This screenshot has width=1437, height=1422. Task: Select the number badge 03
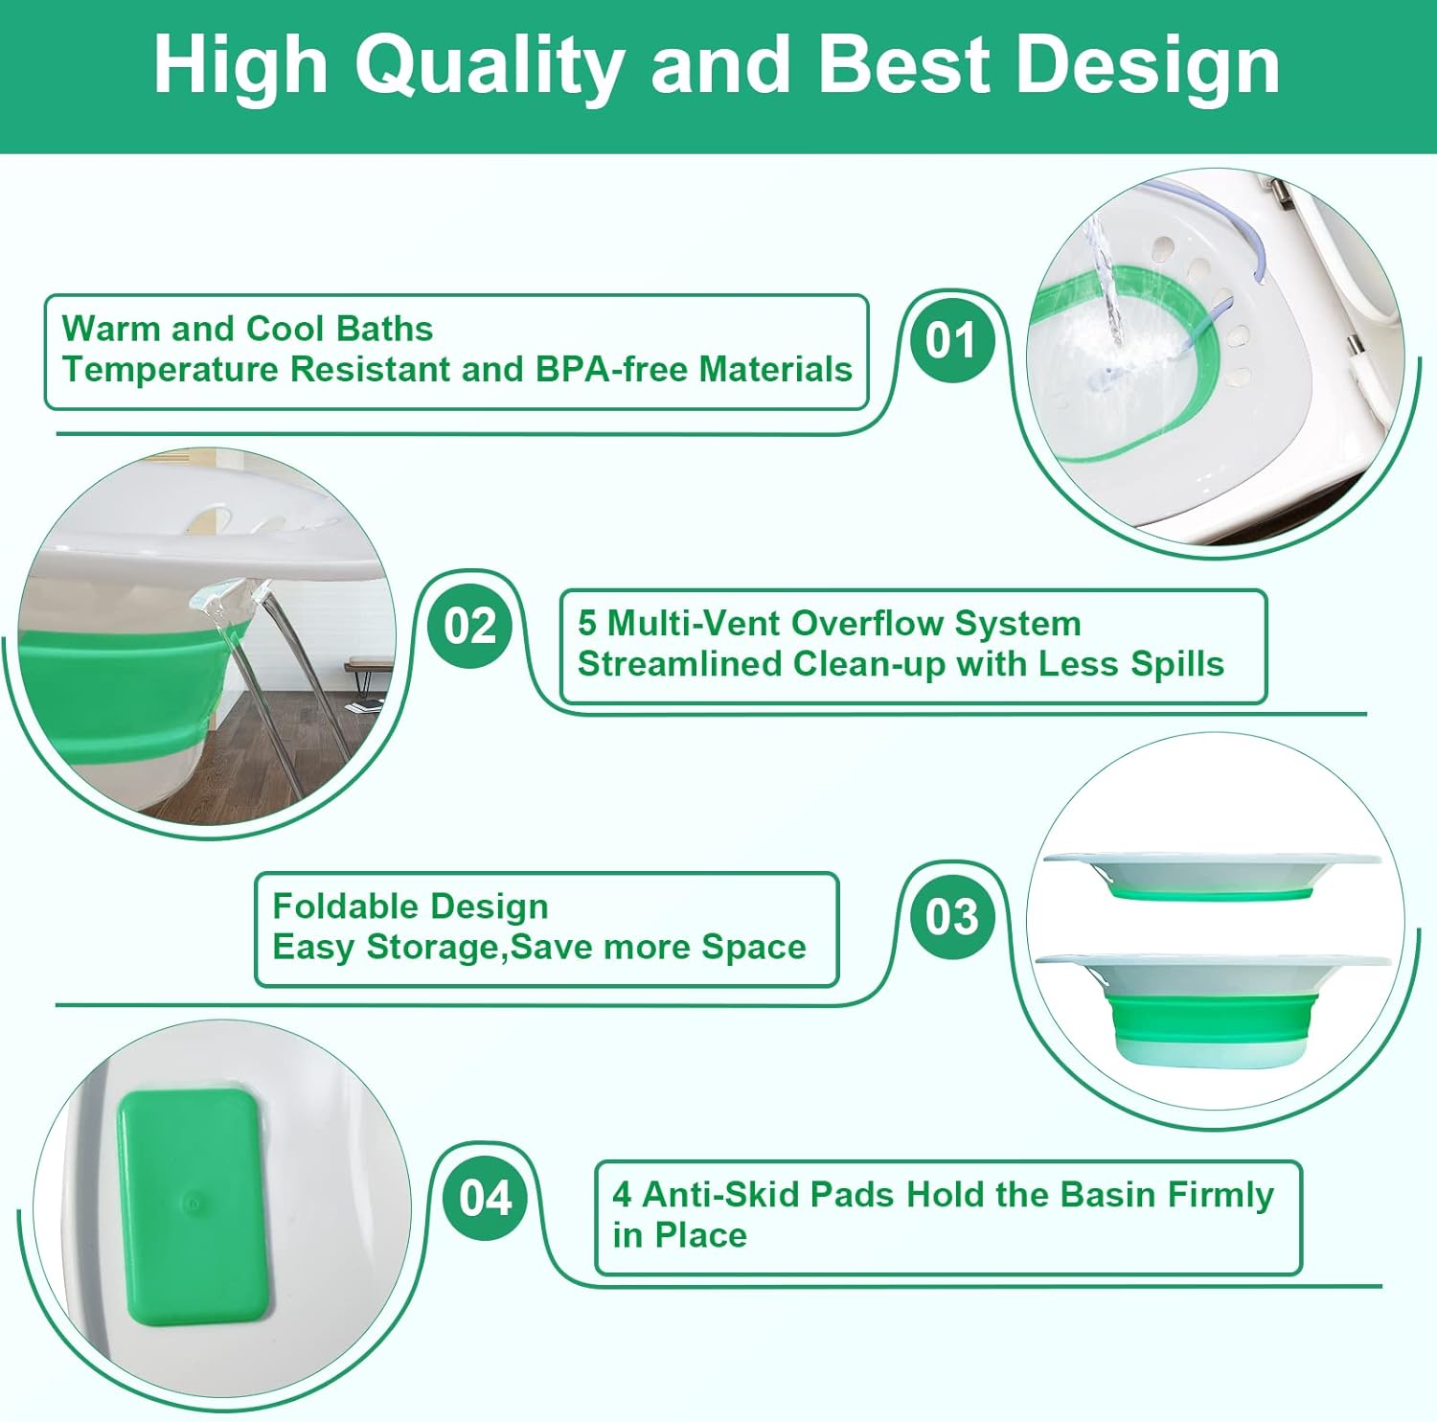tap(951, 916)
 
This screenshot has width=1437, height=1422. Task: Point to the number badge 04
tap(485, 1198)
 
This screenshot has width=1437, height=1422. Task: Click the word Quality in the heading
tap(490, 65)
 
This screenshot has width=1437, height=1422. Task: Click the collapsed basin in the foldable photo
tap(1213, 878)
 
